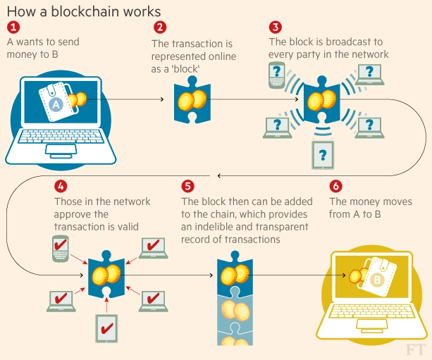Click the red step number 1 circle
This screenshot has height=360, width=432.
tap(13, 27)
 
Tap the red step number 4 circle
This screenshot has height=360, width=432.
tap(61, 186)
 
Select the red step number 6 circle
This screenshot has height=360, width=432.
tap(335, 186)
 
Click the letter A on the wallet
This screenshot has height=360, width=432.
tap(56, 105)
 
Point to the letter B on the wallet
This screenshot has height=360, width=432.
tap(377, 280)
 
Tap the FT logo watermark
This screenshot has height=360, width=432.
tap(416, 350)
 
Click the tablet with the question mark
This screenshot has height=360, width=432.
tap(323, 155)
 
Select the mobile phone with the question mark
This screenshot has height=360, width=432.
tap(277, 75)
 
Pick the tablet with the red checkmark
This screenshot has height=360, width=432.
tap(106, 328)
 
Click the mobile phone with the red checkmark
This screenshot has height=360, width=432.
tap(61, 249)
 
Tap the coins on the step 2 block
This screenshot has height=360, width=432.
tap(192, 100)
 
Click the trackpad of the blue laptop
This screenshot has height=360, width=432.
tap(61, 150)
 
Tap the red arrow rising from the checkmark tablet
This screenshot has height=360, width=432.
tap(106, 305)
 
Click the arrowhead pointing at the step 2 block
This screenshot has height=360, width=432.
tap(162, 99)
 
